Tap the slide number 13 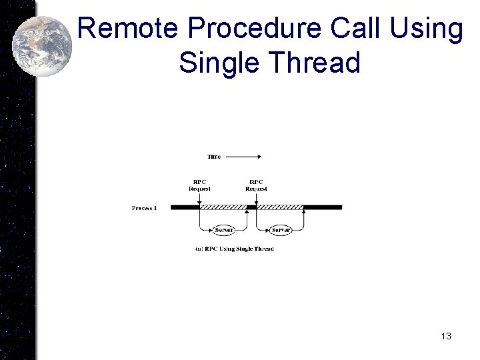446,336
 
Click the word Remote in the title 127,29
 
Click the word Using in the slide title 427,29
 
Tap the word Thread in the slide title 315,63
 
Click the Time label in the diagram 214,157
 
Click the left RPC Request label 199,185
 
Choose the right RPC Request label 256,185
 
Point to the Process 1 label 144,208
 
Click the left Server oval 224,230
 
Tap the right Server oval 281,230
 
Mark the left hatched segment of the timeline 223,207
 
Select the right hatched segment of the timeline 280,207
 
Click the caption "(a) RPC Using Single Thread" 234,249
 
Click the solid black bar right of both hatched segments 323,207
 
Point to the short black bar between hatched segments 252,207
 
